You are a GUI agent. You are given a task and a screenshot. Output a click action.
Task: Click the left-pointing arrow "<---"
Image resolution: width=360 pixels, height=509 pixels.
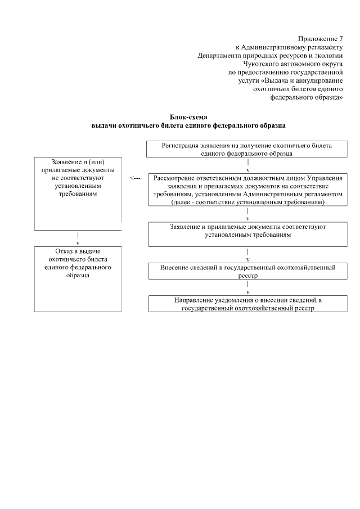[134, 178]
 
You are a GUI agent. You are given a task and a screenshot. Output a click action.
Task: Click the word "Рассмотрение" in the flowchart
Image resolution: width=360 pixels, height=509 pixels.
[175, 178]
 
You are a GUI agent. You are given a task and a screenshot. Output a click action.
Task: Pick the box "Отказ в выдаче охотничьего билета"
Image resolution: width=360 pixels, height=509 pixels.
[78, 279]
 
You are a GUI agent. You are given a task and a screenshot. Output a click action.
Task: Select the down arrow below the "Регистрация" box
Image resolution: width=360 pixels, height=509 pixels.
[248, 166]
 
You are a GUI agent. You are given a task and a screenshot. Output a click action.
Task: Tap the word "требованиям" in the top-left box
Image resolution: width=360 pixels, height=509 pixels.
[78, 193]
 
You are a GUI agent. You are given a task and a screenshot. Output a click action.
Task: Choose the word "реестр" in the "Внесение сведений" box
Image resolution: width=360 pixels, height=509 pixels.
[248, 276]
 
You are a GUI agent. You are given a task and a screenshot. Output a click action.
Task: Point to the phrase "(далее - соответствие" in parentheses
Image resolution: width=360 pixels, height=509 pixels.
[202, 202]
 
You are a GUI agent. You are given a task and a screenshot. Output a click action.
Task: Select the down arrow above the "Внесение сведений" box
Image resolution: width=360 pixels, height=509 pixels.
[248, 255]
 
